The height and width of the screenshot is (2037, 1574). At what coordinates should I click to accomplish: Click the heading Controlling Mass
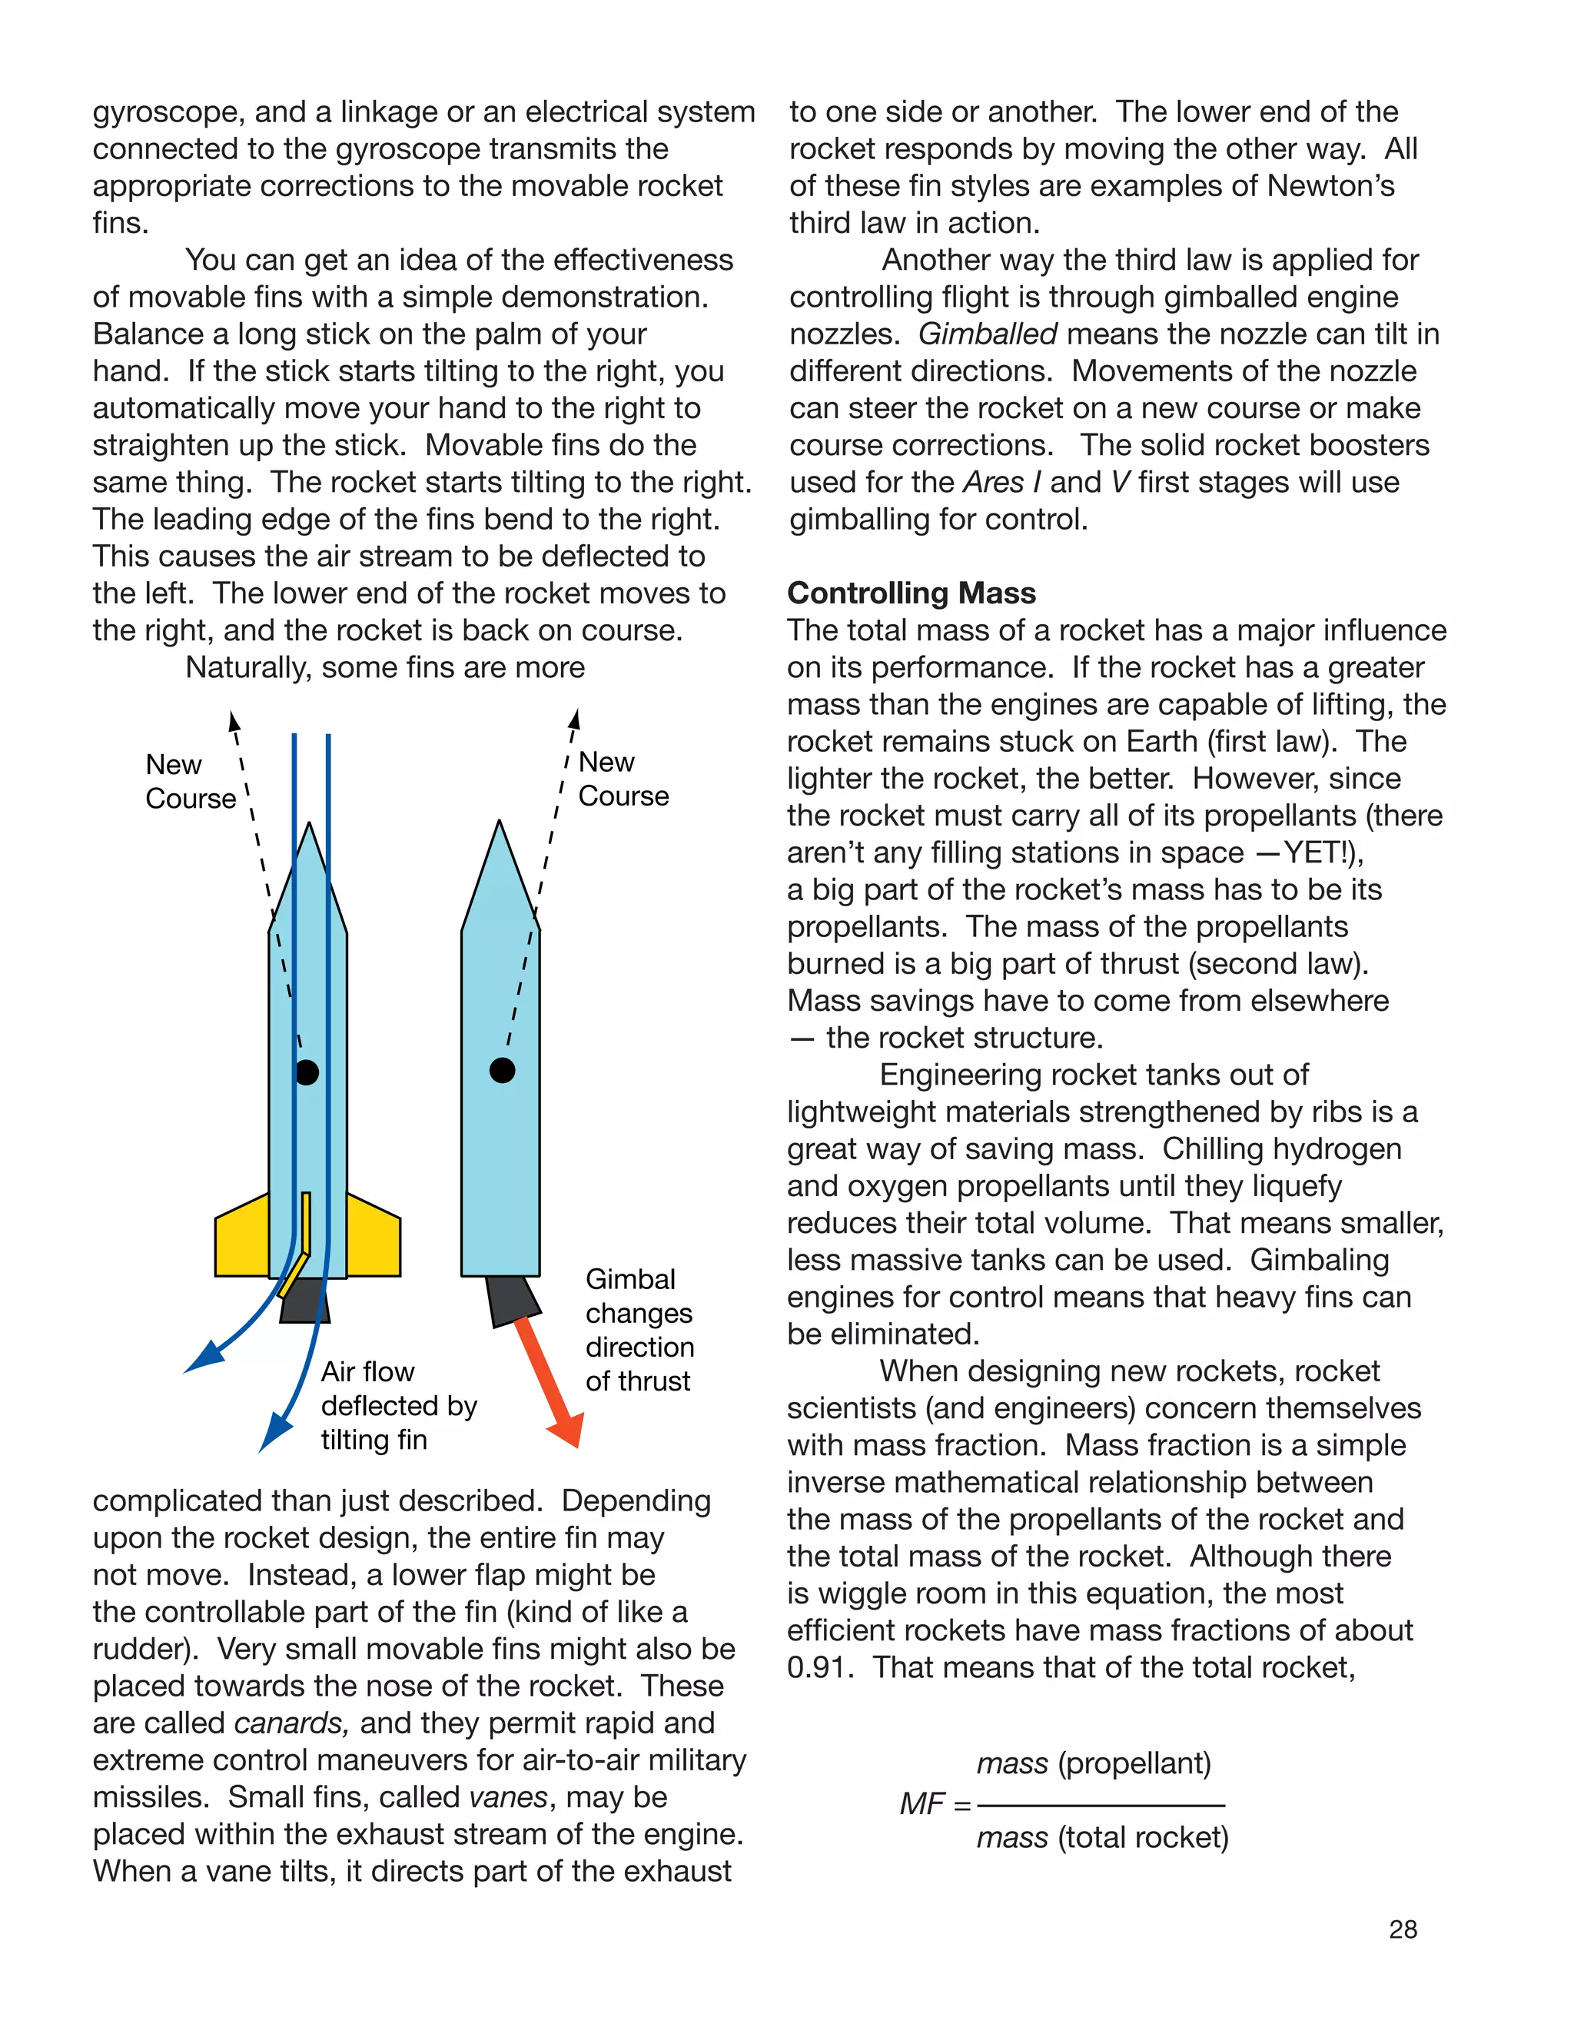(x=911, y=593)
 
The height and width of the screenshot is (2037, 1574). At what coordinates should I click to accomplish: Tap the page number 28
(x=1403, y=1929)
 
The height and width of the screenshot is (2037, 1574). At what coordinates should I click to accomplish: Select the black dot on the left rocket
(x=307, y=1072)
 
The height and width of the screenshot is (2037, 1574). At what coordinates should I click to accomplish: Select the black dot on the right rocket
(x=502, y=1070)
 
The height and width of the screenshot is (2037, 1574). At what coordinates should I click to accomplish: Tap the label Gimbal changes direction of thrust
(x=639, y=1330)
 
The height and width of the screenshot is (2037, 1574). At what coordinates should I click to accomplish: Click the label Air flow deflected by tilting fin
(x=398, y=1406)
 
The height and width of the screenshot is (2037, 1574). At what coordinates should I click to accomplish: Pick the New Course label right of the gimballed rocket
(x=622, y=779)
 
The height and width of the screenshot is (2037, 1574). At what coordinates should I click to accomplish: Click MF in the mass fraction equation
(x=921, y=1804)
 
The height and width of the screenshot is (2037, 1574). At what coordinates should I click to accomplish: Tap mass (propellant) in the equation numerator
(x=1093, y=1763)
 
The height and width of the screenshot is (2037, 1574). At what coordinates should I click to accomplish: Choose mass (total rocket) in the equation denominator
(x=1102, y=1837)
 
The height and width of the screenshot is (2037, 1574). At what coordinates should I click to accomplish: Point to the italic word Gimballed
(x=988, y=334)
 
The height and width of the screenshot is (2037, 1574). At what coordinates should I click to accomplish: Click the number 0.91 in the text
(x=819, y=1666)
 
